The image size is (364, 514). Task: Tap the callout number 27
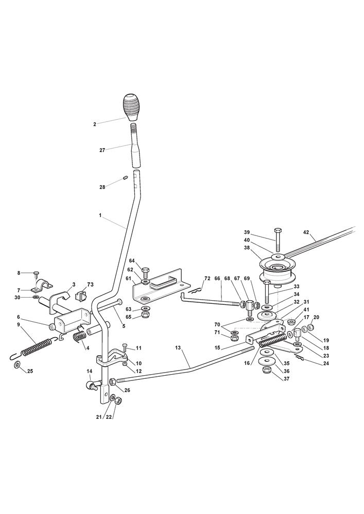tap(102, 150)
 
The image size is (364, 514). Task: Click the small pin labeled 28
tap(125, 178)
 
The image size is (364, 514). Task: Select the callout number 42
tap(306, 232)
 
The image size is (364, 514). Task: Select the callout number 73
tap(90, 285)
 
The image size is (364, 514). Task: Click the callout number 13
tap(178, 348)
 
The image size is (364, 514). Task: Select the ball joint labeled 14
tap(92, 385)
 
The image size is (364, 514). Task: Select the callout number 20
tap(317, 317)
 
